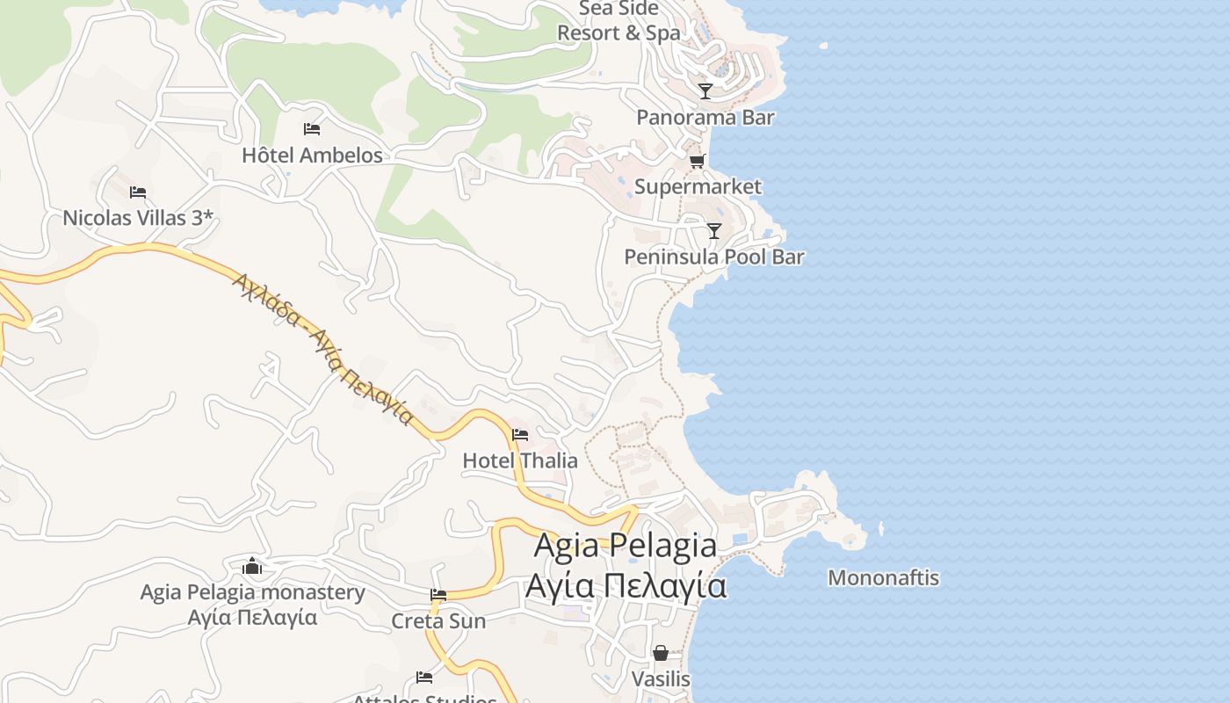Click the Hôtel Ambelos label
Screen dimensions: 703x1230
tap(312, 156)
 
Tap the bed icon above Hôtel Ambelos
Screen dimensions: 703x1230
tap(312, 129)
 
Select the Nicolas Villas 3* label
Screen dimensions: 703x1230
tap(138, 218)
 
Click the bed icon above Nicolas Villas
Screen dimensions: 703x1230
tap(138, 192)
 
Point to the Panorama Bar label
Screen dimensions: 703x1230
tap(705, 117)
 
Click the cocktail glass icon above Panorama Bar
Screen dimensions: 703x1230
tap(705, 91)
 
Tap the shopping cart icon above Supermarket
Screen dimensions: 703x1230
tap(698, 161)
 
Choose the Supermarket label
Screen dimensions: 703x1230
tap(698, 186)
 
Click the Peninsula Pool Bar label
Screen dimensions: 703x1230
tap(713, 257)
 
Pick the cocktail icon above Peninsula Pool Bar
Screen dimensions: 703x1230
tap(713, 231)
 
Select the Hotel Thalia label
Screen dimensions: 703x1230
tap(520, 460)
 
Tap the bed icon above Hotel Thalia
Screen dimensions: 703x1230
tap(520, 434)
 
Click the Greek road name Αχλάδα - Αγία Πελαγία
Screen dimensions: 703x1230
tap(322, 347)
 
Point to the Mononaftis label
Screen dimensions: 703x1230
tap(883, 578)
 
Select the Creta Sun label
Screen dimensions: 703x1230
tap(438, 621)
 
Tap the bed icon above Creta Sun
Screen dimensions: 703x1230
tap(438, 595)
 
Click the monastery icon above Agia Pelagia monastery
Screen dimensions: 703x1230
tap(252, 566)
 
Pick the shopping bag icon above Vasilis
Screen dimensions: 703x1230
tap(661, 653)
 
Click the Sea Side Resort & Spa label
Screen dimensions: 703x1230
tap(619, 21)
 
